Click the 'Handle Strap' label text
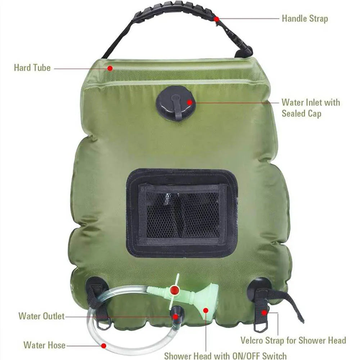305,18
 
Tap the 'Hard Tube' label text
32,68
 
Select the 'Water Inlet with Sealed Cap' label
310,108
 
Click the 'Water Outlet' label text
41,316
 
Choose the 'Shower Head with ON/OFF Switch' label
225,355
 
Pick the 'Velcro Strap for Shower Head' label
293,340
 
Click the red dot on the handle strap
216,18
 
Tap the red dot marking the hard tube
110,68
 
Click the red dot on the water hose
103,346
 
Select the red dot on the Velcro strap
264,312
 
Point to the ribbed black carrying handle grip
173,13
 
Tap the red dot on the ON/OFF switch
175,289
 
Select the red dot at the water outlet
175,317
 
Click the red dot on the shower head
206,310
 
